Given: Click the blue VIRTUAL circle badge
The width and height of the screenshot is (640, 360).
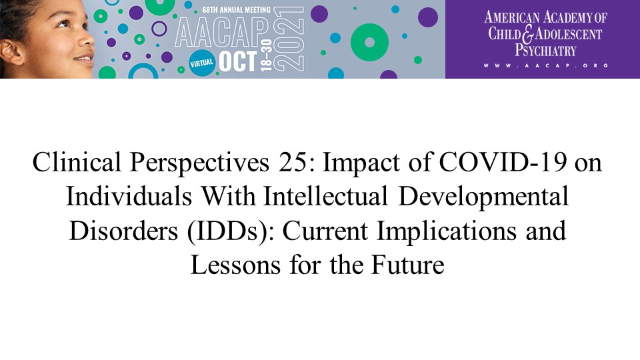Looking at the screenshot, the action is [x=201, y=63].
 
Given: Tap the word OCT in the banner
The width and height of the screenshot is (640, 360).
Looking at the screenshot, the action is [x=238, y=61].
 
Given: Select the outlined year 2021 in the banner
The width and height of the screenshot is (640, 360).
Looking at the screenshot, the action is [x=289, y=39].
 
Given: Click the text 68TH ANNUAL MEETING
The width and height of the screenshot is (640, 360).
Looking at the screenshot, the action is [x=236, y=9].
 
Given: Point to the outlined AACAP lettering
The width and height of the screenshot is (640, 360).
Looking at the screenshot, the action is [x=222, y=33].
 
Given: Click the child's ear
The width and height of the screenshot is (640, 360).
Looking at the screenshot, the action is [x=11, y=52].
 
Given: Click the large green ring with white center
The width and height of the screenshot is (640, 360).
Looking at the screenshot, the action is [x=369, y=43].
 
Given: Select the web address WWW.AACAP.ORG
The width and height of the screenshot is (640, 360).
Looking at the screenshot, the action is [x=546, y=65].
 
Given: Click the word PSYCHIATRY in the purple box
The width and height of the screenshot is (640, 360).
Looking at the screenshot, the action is [x=545, y=51].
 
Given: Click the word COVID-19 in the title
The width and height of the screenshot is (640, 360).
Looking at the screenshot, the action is [x=503, y=162].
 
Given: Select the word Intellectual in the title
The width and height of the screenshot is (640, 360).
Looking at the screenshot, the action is [x=325, y=196].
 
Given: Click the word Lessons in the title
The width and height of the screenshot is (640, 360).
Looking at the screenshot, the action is [x=235, y=265].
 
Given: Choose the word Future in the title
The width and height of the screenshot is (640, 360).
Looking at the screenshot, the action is [x=407, y=265].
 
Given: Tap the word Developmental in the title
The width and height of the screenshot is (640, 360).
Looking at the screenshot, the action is [x=483, y=197].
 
